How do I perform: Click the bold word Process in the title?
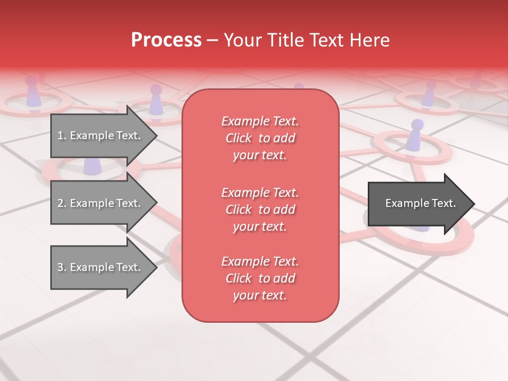coord(166,40)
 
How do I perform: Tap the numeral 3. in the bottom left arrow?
coord(62,267)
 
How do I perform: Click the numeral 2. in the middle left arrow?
coord(62,203)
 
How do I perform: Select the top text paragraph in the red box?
coord(260,138)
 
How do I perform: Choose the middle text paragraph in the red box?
coord(260,210)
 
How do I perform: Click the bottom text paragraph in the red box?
coord(260,278)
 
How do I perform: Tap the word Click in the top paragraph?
coord(239,138)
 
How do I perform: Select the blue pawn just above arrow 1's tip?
coord(156,99)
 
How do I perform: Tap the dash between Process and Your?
coord(212,40)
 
